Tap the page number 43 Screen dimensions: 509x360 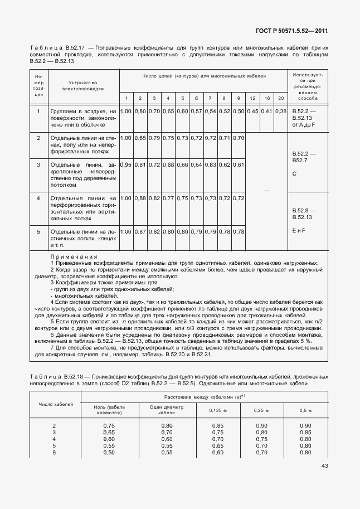point(325,467)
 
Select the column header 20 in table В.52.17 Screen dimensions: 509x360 point(281,98)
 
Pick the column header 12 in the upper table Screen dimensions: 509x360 point(252,98)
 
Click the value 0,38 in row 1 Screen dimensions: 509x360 point(281,112)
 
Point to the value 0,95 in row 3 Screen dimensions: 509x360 point(126,165)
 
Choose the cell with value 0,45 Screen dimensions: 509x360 point(252,112)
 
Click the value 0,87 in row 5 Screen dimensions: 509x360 point(140,231)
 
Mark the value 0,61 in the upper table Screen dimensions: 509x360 point(239,165)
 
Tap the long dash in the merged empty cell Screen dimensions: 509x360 point(266,191)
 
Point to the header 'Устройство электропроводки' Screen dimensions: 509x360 point(84,85)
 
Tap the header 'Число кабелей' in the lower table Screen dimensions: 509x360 point(55,404)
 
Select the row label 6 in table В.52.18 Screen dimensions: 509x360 point(53,452)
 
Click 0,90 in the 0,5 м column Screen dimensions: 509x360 point(305,425)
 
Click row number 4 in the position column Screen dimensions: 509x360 point(38,198)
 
